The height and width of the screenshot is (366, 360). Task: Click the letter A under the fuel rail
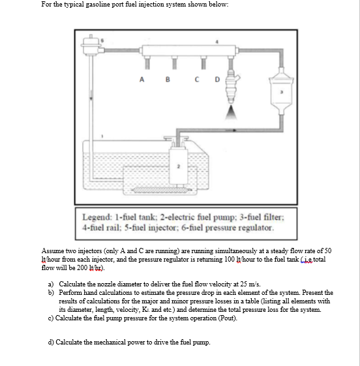click(x=142, y=80)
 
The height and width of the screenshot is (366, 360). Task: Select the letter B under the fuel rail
click(x=168, y=80)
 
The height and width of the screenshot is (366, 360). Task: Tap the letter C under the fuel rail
click(x=197, y=80)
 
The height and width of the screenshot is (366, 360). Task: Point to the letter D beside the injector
click(x=217, y=80)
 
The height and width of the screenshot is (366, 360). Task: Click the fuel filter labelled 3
click(x=281, y=91)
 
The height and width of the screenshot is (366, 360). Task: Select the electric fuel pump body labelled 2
click(x=179, y=166)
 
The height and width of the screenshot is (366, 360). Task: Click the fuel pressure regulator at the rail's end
click(x=91, y=46)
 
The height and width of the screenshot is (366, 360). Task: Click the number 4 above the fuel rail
click(x=217, y=42)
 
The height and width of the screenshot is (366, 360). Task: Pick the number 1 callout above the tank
click(x=102, y=136)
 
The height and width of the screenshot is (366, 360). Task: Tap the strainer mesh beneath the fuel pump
click(x=162, y=190)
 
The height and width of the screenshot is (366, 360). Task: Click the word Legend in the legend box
click(x=97, y=217)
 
